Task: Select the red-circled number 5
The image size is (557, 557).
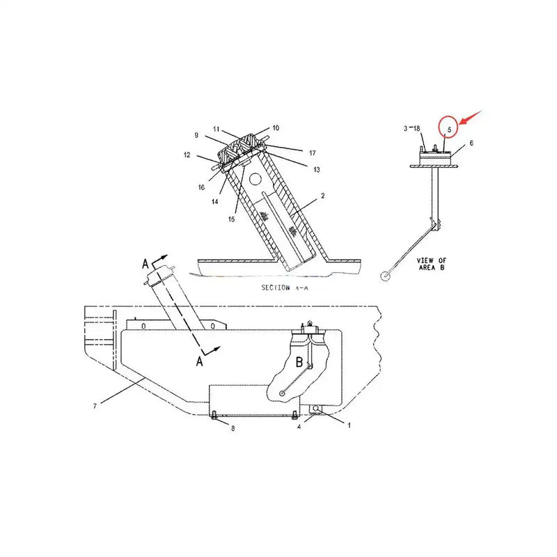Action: [x=450, y=128]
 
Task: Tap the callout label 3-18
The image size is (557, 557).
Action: [x=412, y=129]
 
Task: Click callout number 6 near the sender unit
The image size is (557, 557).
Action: [x=471, y=143]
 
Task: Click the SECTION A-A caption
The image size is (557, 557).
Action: [x=284, y=288]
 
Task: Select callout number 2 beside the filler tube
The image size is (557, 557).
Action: [x=322, y=197]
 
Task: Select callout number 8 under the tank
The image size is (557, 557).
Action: [x=233, y=429]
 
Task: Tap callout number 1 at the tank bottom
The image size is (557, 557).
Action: [x=349, y=423]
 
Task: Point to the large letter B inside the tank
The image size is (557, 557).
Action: [x=299, y=361]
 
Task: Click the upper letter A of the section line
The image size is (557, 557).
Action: [x=146, y=263]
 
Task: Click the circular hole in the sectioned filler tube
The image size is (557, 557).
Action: [x=256, y=179]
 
